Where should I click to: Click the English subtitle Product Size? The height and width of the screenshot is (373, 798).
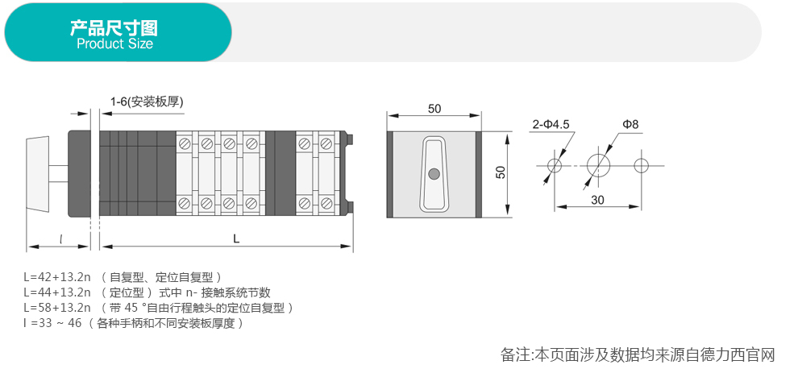tap(114, 44)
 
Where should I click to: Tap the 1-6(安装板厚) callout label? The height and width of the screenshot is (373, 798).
tap(148, 102)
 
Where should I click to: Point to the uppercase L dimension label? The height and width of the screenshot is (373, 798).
tap(235, 238)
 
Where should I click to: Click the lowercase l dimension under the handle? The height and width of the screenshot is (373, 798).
tap(62, 238)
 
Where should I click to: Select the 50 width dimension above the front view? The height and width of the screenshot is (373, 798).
tap(434, 109)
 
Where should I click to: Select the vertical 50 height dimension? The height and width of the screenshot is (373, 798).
tap(501, 173)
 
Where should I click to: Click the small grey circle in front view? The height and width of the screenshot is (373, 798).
tap(434, 173)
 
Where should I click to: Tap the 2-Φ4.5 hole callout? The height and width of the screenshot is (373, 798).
tap(551, 124)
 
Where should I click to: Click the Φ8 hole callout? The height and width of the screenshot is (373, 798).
tap(630, 124)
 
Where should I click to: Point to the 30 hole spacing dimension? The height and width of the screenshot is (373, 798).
tap(597, 199)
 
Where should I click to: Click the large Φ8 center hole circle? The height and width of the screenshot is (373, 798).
tap(598, 165)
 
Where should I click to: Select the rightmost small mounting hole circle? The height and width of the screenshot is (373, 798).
tap(641, 165)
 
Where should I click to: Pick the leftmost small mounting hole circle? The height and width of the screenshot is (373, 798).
tap(555, 165)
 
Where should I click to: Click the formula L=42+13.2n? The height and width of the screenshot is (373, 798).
tap(57, 277)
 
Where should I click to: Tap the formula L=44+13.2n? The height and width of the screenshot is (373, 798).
tap(57, 292)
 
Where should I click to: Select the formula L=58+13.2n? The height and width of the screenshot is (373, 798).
tap(57, 308)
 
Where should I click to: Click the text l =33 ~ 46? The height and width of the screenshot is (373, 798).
tap(52, 323)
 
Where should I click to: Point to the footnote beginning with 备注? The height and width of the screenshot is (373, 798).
tap(637, 354)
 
